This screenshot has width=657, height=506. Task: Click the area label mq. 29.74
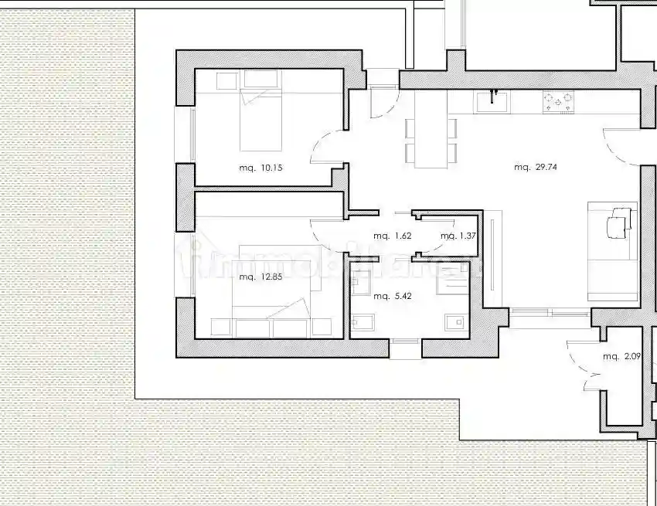tap(536, 167)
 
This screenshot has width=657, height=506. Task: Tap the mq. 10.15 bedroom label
tap(255, 167)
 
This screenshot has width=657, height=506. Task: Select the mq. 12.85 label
tap(255, 277)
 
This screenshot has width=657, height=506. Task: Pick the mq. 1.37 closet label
tap(458, 236)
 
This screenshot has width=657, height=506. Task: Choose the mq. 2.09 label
tap(621, 356)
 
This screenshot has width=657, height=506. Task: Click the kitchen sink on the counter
tap(492, 100)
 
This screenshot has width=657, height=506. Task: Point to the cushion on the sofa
tap(615, 226)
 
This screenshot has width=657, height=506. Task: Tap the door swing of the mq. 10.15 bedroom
tap(327, 147)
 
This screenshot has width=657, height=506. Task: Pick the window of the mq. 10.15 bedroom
tap(191, 135)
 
